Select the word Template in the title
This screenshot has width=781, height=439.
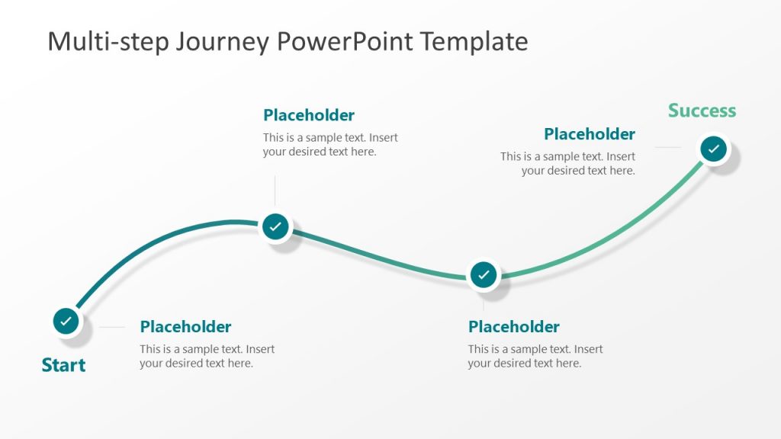coord(478,41)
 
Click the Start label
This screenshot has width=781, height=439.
coord(63,365)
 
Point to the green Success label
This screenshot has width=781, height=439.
coord(702,111)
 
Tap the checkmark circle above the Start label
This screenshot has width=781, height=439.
coord(66,321)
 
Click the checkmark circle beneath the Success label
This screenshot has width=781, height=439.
coord(713,149)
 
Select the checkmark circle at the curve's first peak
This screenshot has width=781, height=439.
coord(275,226)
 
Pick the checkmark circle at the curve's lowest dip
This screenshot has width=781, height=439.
coord(484,274)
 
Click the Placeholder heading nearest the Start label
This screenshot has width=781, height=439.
coord(185,327)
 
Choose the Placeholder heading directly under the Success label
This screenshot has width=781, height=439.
coord(589,134)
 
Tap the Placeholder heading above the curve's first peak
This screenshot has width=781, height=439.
coord(309,115)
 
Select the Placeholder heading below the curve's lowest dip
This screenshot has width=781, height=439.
coord(513,327)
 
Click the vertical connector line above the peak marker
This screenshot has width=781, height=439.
coord(275,191)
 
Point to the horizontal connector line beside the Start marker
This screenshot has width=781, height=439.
coord(111,327)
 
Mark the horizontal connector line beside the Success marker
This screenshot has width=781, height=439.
coord(667,148)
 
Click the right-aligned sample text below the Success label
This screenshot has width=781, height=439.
coord(567,164)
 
